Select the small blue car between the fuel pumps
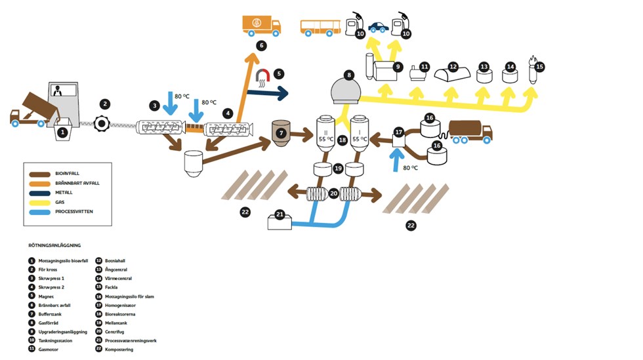[377, 28]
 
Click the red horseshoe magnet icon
[262, 76]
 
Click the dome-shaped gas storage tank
[348, 90]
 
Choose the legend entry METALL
[64, 192]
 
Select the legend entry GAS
[60, 202]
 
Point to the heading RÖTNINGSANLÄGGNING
[54, 245]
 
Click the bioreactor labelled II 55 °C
[325, 134]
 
